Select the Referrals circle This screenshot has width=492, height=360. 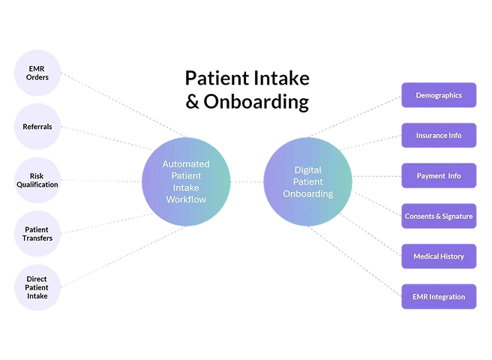click(x=36, y=127)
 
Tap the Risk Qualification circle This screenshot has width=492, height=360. click(x=36, y=181)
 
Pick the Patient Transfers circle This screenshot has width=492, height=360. click(x=36, y=233)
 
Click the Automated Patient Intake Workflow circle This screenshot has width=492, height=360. click(x=185, y=181)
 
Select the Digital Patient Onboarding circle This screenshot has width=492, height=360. click(x=307, y=181)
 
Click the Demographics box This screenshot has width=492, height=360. click(x=439, y=95)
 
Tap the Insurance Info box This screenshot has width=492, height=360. click(x=439, y=136)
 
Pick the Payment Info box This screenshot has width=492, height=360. click(x=439, y=175)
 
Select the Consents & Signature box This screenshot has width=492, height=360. click(x=439, y=216)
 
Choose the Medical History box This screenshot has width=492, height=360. click(x=439, y=256)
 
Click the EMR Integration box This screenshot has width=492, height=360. click(x=439, y=296)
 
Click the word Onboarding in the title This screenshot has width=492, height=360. click(x=256, y=101)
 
